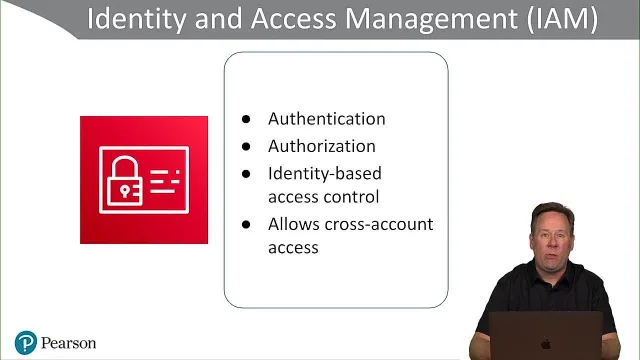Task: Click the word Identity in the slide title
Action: click(x=136, y=19)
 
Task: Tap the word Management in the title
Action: click(x=431, y=19)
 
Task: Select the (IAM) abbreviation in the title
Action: click(x=562, y=19)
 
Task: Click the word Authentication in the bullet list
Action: click(x=327, y=119)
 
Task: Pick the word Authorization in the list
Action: click(x=322, y=146)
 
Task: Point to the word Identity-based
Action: click(x=324, y=173)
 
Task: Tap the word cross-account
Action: click(x=379, y=224)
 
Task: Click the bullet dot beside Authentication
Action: click(x=246, y=119)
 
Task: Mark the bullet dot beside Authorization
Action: click(x=246, y=147)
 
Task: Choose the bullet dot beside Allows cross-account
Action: click(x=246, y=224)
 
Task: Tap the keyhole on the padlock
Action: click(x=124, y=191)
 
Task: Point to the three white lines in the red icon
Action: click(x=165, y=182)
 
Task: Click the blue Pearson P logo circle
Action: click(x=26, y=343)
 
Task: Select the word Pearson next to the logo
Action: click(x=69, y=343)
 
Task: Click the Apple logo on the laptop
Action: click(x=546, y=344)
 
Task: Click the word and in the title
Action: click(x=218, y=19)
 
